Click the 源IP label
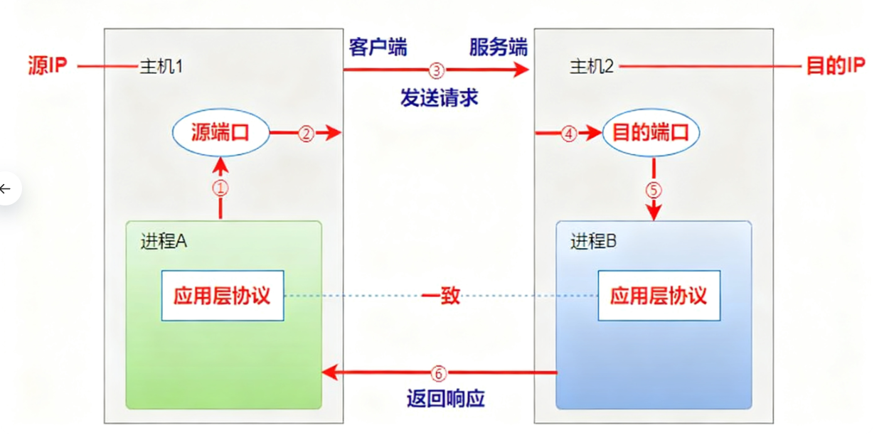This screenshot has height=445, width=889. (x=47, y=67)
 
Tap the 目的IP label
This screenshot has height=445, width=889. (x=835, y=67)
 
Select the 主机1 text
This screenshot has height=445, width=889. (x=161, y=67)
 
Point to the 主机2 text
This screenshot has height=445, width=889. (x=592, y=67)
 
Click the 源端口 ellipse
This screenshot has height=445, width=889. (x=221, y=133)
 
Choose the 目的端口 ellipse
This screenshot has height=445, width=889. (x=651, y=133)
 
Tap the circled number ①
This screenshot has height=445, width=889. (x=221, y=188)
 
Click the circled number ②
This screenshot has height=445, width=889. (x=306, y=134)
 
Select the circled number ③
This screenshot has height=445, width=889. (x=436, y=70)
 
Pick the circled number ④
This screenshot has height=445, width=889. (x=569, y=134)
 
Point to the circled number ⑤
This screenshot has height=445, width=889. (x=653, y=191)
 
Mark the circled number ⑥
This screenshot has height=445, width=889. (x=438, y=372)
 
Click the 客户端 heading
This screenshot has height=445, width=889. (x=378, y=48)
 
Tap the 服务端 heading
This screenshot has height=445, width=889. (x=498, y=48)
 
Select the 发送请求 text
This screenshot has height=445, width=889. (x=439, y=97)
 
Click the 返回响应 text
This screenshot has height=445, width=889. (x=445, y=398)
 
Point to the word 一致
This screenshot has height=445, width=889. (x=441, y=296)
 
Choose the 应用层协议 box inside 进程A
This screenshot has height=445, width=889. (x=222, y=296)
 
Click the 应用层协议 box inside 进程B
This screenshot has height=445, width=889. (x=659, y=296)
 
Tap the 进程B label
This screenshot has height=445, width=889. (x=593, y=242)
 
